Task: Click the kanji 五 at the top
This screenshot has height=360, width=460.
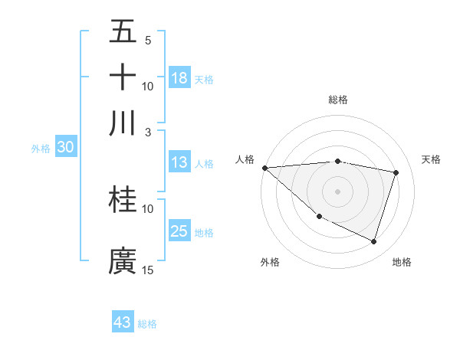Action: [123, 32]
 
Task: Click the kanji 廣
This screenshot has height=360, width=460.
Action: [123, 260]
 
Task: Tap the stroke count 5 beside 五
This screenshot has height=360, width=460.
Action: [148, 41]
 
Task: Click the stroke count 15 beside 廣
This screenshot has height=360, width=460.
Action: [148, 270]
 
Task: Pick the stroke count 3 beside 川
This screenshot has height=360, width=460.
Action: [148, 132]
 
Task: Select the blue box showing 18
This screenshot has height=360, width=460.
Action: [179, 77]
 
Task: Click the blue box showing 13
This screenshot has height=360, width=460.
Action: [179, 162]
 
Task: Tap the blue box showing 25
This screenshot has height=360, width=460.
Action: [179, 231]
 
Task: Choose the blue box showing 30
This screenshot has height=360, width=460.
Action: [65, 148]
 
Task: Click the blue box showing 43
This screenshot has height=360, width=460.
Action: [123, 322]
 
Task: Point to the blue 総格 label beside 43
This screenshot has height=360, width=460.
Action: [147, 324]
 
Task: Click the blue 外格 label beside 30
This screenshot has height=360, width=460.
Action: [41, 149]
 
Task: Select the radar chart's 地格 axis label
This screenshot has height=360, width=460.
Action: [402, 263]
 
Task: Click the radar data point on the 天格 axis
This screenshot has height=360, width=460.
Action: [396, 172]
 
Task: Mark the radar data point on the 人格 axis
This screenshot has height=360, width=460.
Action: [264, 168]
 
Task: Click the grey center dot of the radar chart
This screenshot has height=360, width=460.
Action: [337, 191]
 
